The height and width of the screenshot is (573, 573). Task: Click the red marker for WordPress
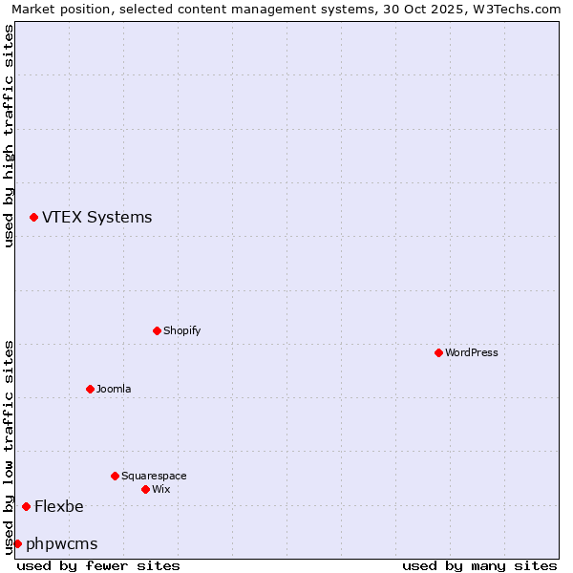pyautogui.click(x=438, y=352)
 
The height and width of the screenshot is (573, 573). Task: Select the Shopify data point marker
pyautogui.click(x=157, y=330)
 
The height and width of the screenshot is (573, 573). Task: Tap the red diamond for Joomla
pyautogui.click(x=90, y=389)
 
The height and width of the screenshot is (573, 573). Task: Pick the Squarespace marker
pyautogui.click(x=115, y=476)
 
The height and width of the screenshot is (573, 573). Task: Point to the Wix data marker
pyautogui.click(x=145, y=489)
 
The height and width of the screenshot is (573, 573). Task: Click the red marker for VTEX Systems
pyautogui.click(x=33, y=218)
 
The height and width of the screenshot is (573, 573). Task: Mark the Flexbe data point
pyautogui.click(x=26, y=506)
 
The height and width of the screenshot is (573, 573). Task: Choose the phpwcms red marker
pyautogui.click(x=17, y=543)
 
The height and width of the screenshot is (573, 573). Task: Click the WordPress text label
pyautogui.click(x=472, y=352)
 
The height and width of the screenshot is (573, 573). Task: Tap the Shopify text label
pyautogui.click(x=181, y=330)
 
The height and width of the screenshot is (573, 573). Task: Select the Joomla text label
pyautogui.click(x=114, y=389)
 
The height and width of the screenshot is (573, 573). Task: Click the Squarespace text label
pyautogui.click(x=154, y=476)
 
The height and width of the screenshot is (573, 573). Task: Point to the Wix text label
pyautogui.click(x=160, y=489)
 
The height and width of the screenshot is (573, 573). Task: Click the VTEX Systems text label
pyautogui.click(x=96, y=218)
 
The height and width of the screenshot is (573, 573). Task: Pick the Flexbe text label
pyautogui.click(x=59, y=506)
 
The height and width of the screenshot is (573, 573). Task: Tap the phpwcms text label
pyautogui.click(x=62, y=543)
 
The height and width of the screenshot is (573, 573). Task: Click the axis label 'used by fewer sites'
pyautogui.click(x=98, y=565)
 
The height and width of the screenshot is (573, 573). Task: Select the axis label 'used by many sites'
pyautogui.click(x=479, y=565)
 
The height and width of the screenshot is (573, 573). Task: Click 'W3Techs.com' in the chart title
pyautogui.click(x=520, y=9)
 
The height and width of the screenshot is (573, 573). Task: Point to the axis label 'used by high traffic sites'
pyautogui.click(x=9, y=136)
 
